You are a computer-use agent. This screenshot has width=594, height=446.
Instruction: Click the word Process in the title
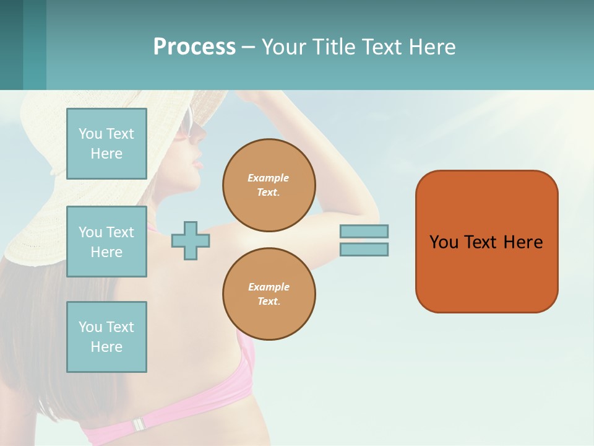pyautogui.click(x=194, y=47)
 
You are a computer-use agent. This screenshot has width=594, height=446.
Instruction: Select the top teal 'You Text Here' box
pyautogui.click(x=106, y=144)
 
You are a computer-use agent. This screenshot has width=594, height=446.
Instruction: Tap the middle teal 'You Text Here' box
pyautogui.click(x=106, y=242)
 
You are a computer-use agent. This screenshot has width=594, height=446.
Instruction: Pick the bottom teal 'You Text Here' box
pyautogui.click(x=106, y=337)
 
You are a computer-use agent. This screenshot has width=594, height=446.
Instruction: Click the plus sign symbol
pyautogui.click(x=191, y=240)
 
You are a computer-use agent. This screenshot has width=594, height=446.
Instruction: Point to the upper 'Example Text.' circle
pyautogui.click(x=269, y=185)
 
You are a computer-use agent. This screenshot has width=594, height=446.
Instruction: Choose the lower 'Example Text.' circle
pyautogui.click(x=269, y=294)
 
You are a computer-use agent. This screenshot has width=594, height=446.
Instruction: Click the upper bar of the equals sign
pyautogui.click(x=364, y=231)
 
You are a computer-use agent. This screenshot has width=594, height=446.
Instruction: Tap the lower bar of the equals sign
pyautogui.click(x=364, y=249)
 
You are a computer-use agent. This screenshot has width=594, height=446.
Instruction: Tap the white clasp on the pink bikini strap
pyautogui.click(x=139, y=424)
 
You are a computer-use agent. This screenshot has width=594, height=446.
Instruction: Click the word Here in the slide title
pyautogui.click(x=432, y=47)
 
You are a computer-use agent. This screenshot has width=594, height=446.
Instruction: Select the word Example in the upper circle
pyautogui.click(x=269, y=178)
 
